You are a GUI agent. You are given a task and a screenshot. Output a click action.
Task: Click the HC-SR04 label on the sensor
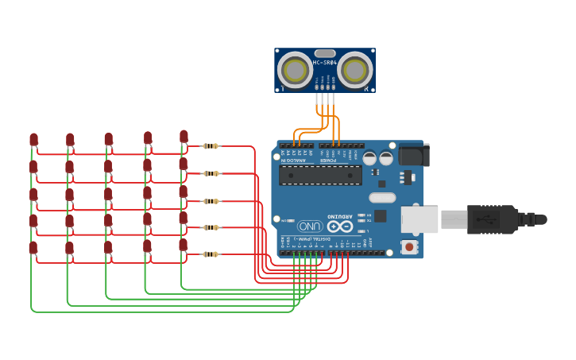325,62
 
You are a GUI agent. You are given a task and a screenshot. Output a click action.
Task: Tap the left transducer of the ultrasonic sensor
296,71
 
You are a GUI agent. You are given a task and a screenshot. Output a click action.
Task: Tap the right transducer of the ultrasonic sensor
354,71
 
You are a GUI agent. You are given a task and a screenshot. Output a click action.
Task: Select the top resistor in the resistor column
211,146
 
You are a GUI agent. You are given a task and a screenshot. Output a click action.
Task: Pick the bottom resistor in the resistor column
211,254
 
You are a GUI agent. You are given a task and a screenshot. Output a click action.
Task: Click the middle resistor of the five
211,201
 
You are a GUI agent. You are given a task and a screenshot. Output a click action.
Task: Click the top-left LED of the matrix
33,140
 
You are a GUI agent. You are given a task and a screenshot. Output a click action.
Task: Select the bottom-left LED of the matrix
33,248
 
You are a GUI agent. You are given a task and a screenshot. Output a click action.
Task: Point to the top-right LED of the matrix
184,137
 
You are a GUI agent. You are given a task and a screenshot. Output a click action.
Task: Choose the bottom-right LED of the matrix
184,245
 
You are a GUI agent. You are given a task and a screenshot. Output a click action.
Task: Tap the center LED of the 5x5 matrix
108,194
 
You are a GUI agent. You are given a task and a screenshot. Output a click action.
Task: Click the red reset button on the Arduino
409,247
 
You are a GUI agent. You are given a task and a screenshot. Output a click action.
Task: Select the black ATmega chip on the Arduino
319,175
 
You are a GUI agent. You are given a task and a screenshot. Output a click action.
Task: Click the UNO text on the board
309,226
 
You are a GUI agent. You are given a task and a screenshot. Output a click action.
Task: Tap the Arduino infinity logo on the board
339,226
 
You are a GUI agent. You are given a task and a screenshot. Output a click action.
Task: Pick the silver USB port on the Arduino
419,219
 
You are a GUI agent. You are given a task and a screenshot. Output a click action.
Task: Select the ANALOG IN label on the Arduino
293,160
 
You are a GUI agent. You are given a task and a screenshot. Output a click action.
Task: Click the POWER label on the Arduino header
328,160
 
